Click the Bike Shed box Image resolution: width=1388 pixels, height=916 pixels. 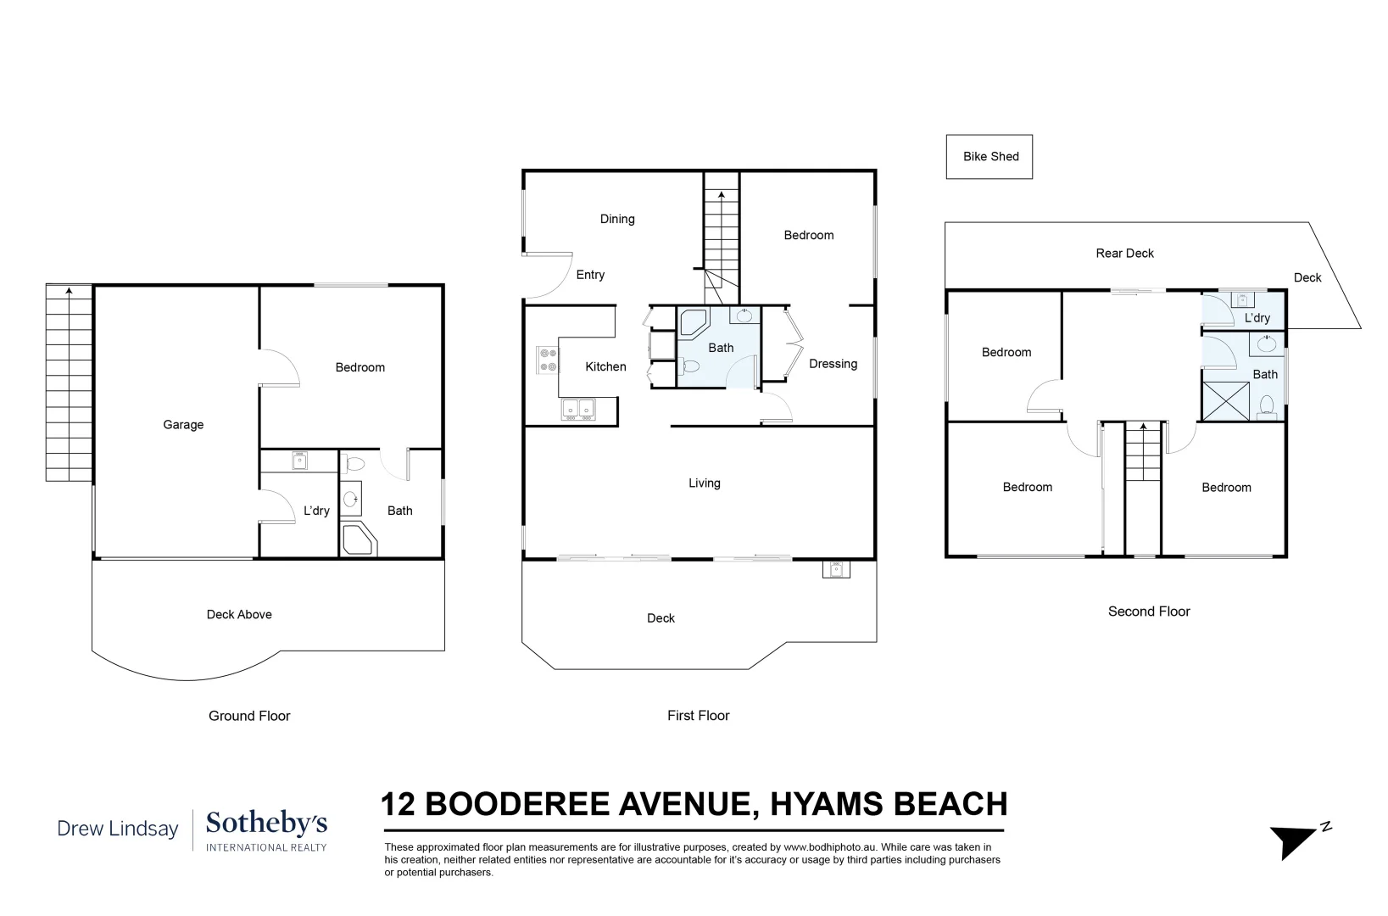pos(989,157)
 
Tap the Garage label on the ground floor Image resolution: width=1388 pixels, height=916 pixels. pos(183,425)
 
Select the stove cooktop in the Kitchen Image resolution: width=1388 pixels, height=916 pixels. pos(547,360)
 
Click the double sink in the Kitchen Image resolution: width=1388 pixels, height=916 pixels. pos(579,411)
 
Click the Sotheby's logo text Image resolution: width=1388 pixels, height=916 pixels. pos(266,824)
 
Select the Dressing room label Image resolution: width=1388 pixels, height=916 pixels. pos(833,364)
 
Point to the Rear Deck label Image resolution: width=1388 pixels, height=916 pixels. pos(1124,253)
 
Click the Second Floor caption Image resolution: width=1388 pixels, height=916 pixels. pos(1148,612)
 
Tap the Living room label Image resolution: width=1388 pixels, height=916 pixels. pos(704,483)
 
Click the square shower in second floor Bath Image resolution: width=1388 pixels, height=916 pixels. pos(1225,401)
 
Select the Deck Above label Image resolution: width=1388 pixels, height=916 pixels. pos(239,615)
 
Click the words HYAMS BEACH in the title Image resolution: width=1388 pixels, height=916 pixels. pos(889,803)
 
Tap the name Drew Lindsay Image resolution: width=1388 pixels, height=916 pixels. pos(118,829)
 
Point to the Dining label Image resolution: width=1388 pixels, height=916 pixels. pos(616,219)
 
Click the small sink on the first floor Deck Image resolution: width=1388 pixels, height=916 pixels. pos(834,570)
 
